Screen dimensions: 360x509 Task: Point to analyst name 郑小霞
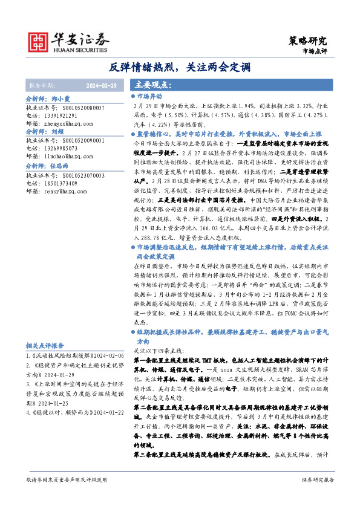coord(61,98)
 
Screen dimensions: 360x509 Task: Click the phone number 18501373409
coord(59,182)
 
